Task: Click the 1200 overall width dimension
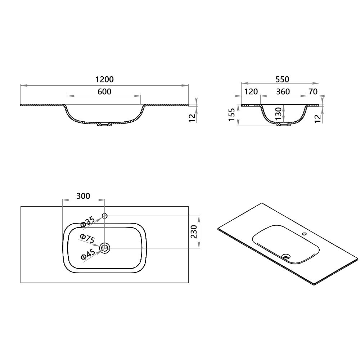coord(104,80)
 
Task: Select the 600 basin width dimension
coord(104,91)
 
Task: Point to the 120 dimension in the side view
coord(251,91)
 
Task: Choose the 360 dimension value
coord(283,91)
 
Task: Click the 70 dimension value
coord(313,91)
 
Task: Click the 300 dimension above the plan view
coord(83,196)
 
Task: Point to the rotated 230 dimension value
coord(193,232)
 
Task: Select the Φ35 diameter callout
coord(88,222)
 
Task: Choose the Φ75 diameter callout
coord(88,239)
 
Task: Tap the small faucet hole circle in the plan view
coord(105,216)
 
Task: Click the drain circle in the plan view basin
coord(105,248)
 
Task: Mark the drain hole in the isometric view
coord(287,257)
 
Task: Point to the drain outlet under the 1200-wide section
coord(104,125)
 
